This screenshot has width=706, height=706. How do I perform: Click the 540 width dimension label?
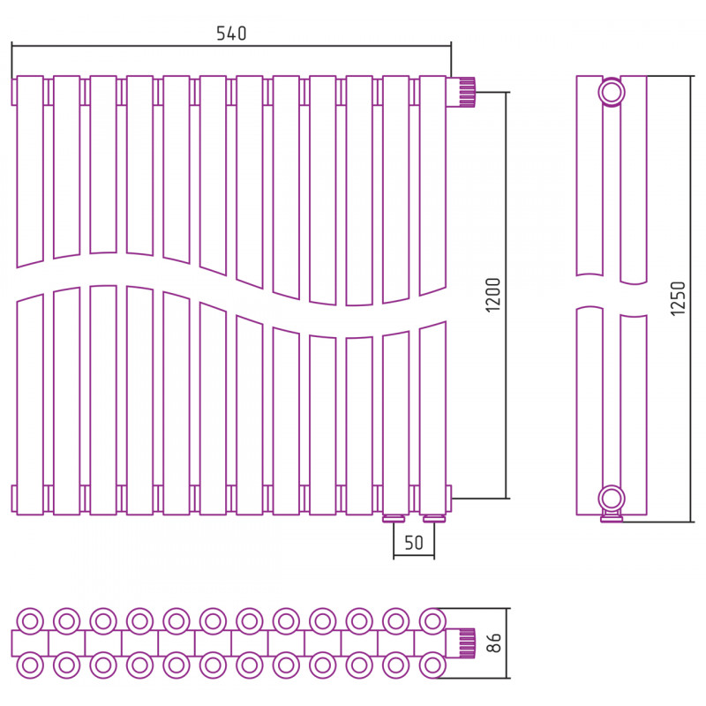(x=231, y=34)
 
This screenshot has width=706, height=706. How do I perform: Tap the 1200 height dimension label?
(x=493, y=295)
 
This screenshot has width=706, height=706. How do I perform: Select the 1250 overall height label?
(x=678, y=298)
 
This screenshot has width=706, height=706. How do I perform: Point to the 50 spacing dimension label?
(x=414, y=543)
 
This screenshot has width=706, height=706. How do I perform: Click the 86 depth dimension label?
(x=494, y=642)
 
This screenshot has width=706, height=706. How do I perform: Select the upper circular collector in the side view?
(x=612, y=93)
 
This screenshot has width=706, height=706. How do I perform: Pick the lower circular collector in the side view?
(x=612, y=499)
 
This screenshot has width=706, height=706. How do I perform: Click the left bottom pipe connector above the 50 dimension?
(x=394, y=519)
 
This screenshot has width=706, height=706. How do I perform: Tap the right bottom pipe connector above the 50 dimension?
(x=434, y=519)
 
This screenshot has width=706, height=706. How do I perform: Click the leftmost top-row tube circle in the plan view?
(x=30, y=622)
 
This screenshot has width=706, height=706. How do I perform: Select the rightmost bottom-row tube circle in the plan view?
(x=432, y=665)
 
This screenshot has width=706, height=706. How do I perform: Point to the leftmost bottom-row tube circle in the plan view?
(x=30, y=665)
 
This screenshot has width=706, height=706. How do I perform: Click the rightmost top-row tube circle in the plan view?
(x=432, y=622)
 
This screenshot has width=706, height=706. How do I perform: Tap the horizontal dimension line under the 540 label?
(x=231, y=46)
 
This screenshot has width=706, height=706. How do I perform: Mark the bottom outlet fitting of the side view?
(x=612, y=517)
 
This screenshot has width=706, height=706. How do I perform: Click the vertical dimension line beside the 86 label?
(x=507, y=643)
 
